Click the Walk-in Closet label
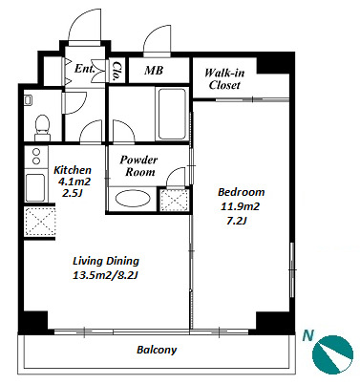(x=224, y=79)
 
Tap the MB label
(x=154, y=70)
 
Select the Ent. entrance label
(x=84, y=68)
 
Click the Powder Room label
(x=138, y=165)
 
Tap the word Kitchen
(x=73, y=170)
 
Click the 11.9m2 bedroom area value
(x=240, y=206)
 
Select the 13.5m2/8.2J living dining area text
(x=105, y=275)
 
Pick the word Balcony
(x=157, y=350)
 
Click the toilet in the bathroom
(x=42, y=128)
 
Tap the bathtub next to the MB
(x=172, y=114)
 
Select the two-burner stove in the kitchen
(x=36, y=157)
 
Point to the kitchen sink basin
(x=35, y=187)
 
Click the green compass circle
(x=332, y=354)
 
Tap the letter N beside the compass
(x=307, y=335)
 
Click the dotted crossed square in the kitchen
(x=40, y=222)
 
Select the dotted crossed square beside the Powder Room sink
(x=174, y=200)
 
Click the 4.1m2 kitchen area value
(x=74, y=182)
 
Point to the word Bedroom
(x=241, y=192)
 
